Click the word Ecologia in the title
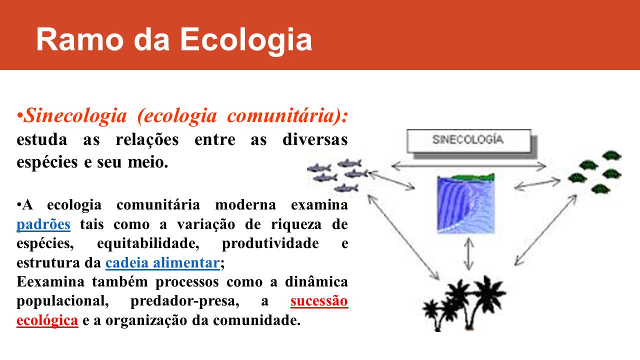[x=246, y=40]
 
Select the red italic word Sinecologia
[x=75, y=115]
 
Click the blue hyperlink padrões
[x=43, y=224]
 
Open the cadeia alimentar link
[x=162, y=262]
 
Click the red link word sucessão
[x=319, y=301]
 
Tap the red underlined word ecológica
[x=47, y=320]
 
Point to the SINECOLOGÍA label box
[x=469, y=141]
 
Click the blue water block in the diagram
[x=466, y=205]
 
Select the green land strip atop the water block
[x=473, y=177]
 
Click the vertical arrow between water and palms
[x=468, y=254]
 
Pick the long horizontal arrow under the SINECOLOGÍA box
[x=468, y=165]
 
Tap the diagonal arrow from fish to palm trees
[x=403, y=237]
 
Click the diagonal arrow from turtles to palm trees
[x=545, y=230]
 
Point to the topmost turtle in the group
[x=611, y=155]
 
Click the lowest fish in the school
[x=346, y=188]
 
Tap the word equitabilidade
[x=148, y=243]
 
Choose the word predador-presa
[x=184, y=301]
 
